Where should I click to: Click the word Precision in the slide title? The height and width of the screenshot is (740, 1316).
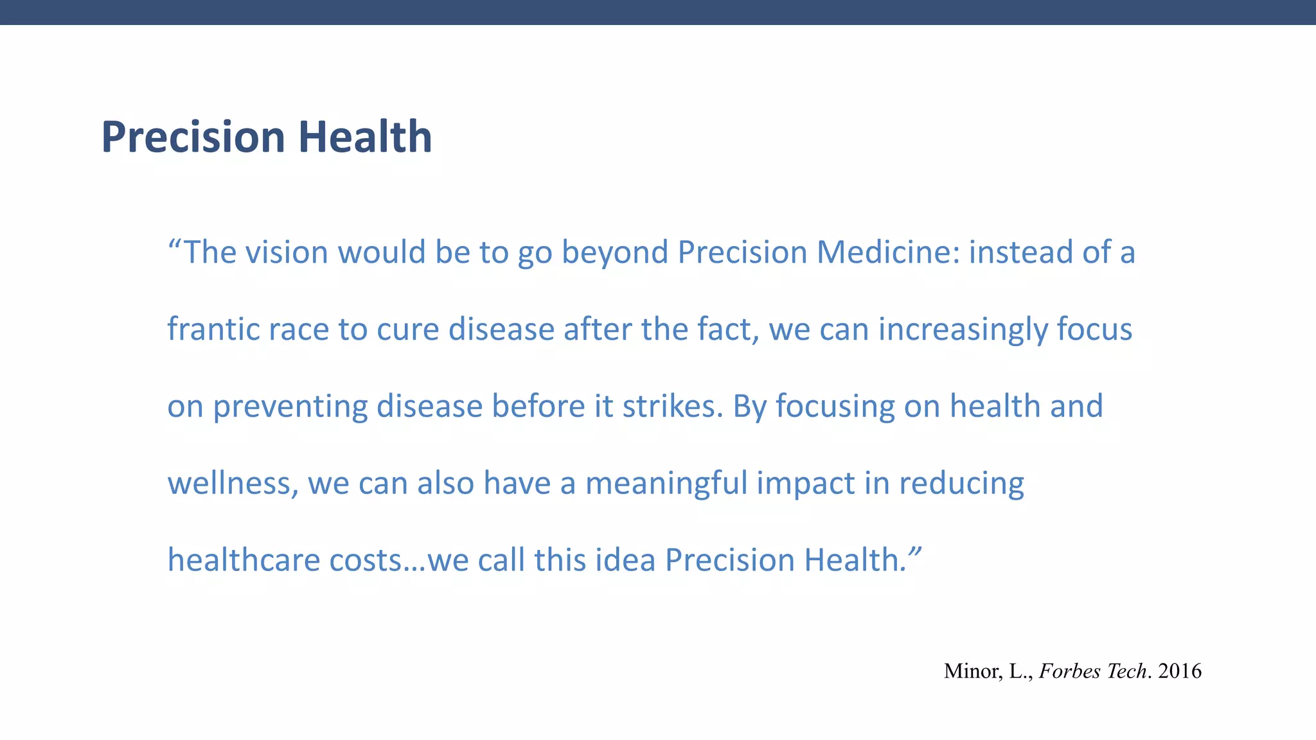tap(193, 137)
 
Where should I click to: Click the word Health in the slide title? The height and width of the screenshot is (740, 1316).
tap(365, 137)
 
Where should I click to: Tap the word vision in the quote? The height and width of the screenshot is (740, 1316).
tap(287, 252)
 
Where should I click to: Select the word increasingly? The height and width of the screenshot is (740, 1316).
tap(963, 330)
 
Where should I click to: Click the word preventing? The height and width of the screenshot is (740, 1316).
tap(290, 407)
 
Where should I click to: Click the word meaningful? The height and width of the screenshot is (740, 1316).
tap(666, 484)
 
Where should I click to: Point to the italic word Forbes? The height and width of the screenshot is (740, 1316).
tap(1068, 671)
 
